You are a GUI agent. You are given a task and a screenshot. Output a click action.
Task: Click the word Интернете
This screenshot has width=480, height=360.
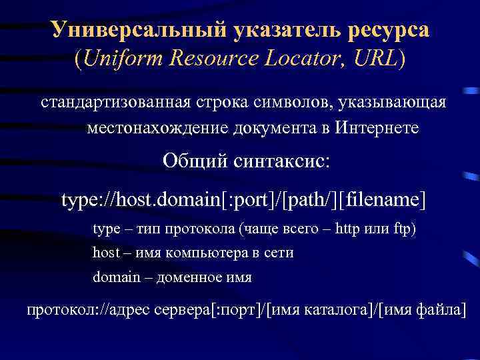[377, 128]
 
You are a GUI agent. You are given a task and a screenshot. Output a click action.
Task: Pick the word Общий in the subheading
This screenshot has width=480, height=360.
[195, 162]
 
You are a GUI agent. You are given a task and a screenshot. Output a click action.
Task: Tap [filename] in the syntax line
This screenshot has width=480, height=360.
[383, 199]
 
